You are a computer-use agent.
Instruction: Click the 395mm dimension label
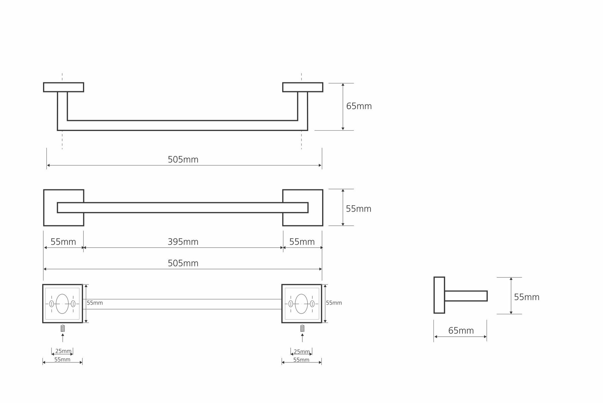tap(183, 242)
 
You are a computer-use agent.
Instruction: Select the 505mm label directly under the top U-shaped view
tap(183, 159)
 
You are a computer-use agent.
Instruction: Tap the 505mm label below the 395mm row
tap(183, 263)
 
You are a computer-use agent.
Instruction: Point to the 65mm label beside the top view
tap(359, 106)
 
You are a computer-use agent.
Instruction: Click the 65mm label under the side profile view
tap(461, 331)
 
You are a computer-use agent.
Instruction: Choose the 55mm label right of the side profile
tap(526, 297)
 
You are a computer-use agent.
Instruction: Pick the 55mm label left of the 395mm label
tap(63, 242)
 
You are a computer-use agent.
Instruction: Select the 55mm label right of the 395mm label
tap(302, 242)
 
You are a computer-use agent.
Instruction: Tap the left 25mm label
tap(63, 351)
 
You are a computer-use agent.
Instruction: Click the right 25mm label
tap(301, 352)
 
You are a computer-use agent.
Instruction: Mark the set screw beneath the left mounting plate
tap(63, 328)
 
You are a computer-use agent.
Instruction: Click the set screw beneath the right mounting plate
tap(302, 328)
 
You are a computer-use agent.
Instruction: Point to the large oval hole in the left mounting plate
tap(62, 304)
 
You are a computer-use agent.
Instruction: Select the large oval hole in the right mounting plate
tap(301, 304)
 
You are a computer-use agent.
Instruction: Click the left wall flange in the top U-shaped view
tap(64, 87)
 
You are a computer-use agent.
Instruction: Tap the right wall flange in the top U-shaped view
tap(303, 87)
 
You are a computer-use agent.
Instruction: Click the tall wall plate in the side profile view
tap(439, 295)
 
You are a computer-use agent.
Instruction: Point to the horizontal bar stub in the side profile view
tap(466, 296)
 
